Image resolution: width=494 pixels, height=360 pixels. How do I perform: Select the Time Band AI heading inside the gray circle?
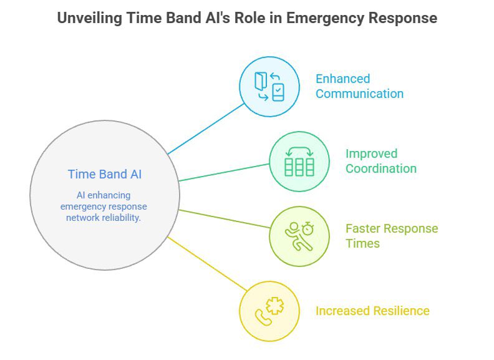point(105,174)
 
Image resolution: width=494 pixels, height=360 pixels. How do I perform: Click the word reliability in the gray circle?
point(119,217)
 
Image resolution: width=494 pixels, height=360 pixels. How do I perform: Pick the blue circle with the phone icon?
point(269,86)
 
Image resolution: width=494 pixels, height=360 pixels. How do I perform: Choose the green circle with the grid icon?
point(299,161)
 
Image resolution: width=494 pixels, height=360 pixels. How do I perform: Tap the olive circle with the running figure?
point(299,236)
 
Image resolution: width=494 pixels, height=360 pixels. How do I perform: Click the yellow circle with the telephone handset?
point(269,311)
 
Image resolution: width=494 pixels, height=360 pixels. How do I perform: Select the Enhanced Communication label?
point(359,86)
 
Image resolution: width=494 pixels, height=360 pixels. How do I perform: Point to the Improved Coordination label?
point(380,161)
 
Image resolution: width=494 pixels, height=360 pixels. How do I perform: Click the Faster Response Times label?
point(391,236)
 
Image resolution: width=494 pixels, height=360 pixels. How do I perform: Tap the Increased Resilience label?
point(372,311)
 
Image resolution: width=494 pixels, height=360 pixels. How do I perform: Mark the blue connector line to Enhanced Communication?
point(206,128)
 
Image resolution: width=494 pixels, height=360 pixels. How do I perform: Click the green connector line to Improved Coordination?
point(223,172)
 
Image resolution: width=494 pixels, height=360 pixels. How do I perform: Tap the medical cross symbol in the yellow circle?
point(274,306)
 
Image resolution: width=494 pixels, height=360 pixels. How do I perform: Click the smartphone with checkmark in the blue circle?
point(278,92)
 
